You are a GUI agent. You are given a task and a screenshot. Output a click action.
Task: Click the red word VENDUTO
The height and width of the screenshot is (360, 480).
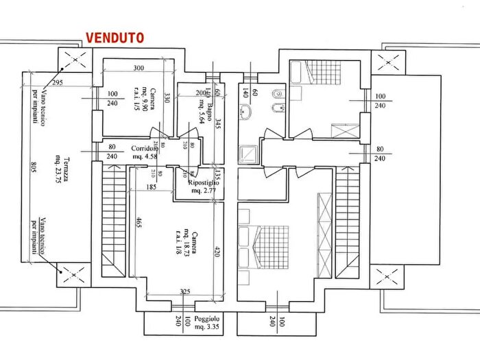point(114,38)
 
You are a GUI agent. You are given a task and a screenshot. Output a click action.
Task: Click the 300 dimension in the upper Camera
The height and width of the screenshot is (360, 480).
point(139,69)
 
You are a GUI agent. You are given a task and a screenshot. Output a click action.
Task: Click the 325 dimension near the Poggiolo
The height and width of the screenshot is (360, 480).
point(184,292)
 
